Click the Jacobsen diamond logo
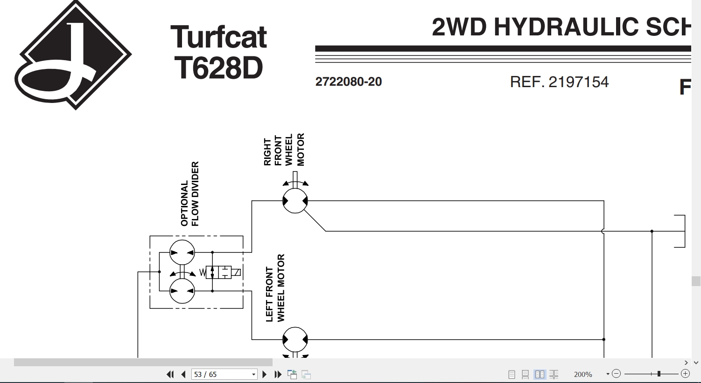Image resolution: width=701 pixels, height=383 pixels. click(x=73, y=55)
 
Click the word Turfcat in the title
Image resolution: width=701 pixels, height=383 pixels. click(x=218, y=37)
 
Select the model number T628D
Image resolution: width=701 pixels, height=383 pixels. click(x=218, y=68)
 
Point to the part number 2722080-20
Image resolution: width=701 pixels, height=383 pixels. click(x=348, y=82)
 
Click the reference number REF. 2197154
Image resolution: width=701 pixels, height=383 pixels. click(x=559, y=82)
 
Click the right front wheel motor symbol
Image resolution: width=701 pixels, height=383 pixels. click(x=295, y=200)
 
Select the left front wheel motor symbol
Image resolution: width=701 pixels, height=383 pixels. click(x=295, y=340)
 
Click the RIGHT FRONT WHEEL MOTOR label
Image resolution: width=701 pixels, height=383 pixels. click(x=284, y=150)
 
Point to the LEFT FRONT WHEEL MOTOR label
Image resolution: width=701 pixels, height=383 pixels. click(x=275, y=288)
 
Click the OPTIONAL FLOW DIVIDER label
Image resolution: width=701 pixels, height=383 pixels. click(x=189, y=194)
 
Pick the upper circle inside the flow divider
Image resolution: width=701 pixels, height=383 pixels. click(x=182, y=252)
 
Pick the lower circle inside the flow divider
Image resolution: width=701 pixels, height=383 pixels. click(x=182, y=291)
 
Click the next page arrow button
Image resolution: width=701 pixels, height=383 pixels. click(x=265, y=374)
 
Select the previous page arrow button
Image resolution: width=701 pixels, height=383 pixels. click(x=184, y=374)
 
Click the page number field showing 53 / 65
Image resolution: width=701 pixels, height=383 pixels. click(x=224, y=374)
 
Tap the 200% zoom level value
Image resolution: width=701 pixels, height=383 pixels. click(x=583, y=374)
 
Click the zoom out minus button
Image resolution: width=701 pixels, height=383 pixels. click(x=616, y=374)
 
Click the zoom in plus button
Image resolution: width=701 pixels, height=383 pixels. click(x=685, y=374)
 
